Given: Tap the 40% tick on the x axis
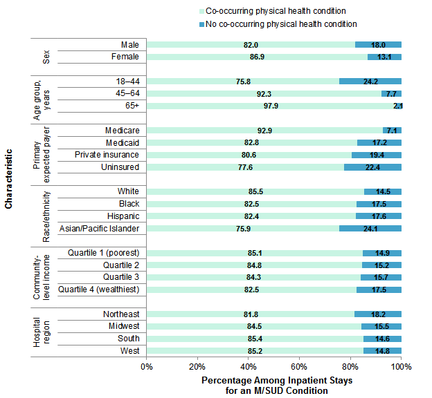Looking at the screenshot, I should [x=249, y=366].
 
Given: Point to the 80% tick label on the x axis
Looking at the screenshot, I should [x=350, y=366].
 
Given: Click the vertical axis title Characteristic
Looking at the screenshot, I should [x=8, y=177].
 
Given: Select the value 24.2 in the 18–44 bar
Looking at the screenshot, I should [x=370, y=81].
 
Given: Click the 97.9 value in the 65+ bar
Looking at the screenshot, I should [x=270, y=106].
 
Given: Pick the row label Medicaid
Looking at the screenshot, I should [x=122, y=142].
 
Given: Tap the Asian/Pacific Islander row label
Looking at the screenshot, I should [x=99, y=229].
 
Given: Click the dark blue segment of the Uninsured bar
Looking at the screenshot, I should [x=372, y=167].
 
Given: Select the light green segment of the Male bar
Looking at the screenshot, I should [x=251, y=44].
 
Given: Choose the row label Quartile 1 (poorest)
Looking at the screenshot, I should [x=103, y=253].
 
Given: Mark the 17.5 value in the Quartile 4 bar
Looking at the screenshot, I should [x=379, y=290].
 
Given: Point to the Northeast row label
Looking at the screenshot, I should [x=120, y=314].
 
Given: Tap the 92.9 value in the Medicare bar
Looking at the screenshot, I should [x=264, y=130].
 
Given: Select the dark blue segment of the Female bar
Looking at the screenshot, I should [x=384, y=57].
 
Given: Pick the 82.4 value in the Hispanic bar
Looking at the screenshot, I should [x=251, y=216].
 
